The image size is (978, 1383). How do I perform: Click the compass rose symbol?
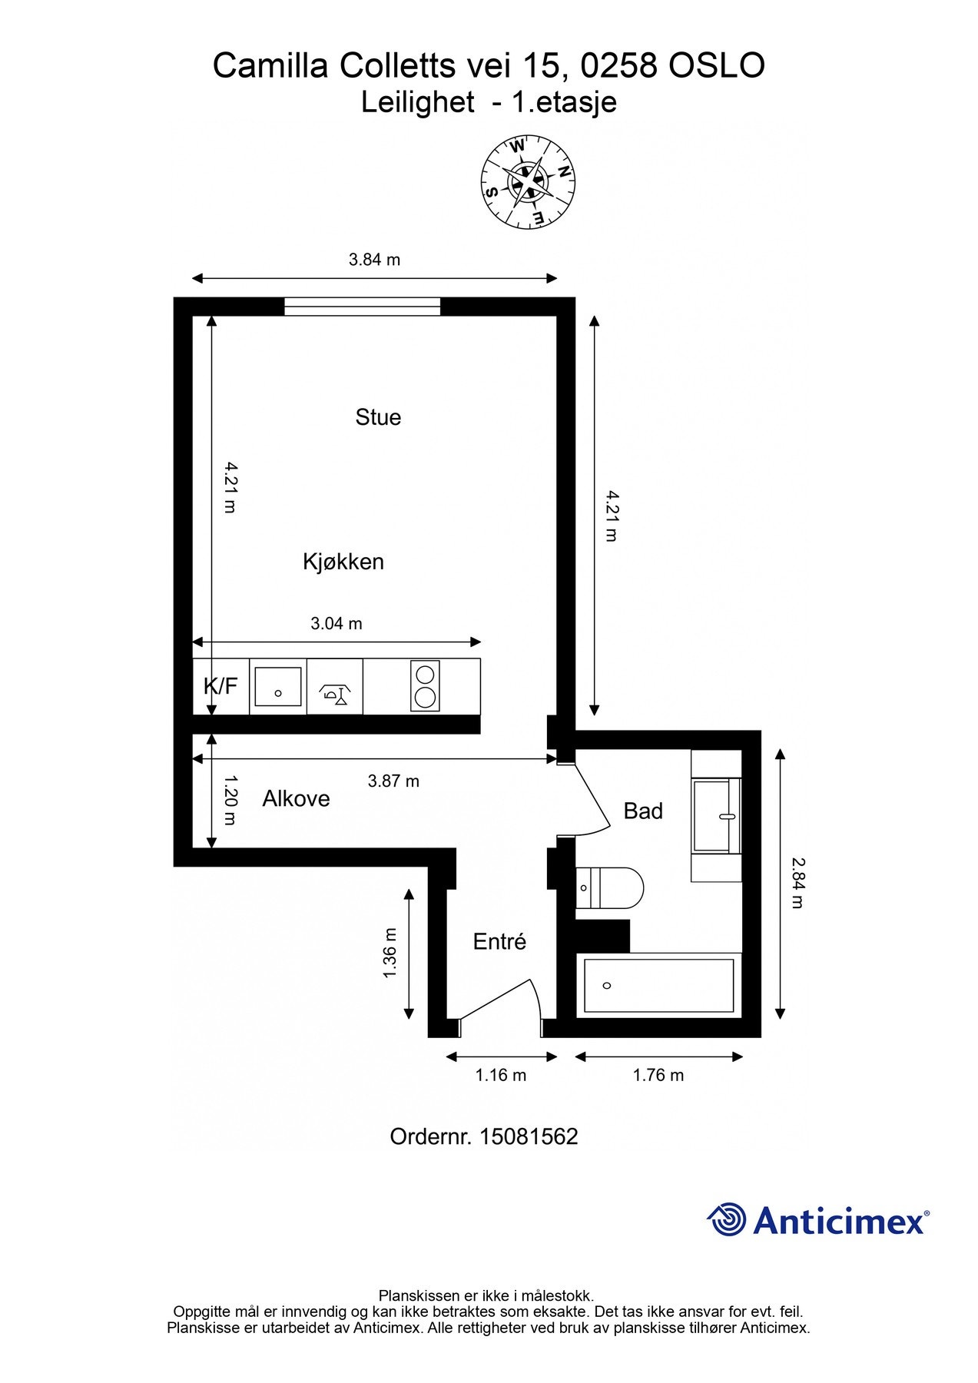tap(528, 182)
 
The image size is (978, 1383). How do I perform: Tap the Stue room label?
tap(378, 417)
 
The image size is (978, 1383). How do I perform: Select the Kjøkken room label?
tap(343, 562)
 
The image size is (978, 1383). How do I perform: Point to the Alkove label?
tap(296, 799)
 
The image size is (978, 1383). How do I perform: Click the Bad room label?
tap(643, 811)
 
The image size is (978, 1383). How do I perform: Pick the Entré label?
tap(499, 941)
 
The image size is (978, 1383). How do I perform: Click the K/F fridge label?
tap(220, 686)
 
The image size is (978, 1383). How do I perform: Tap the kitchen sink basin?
tap(278, 686)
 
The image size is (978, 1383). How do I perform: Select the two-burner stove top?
tap(425, 686)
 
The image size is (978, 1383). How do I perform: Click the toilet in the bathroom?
tap(609, 888)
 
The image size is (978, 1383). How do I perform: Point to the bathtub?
tap(658, 986)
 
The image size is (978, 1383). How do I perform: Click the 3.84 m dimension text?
tap(374, 260)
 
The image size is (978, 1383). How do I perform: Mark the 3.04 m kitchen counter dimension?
tap(336, 624)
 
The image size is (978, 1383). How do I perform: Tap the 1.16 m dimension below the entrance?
tap(501, 1075)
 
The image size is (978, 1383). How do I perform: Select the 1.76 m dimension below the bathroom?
tap(658, 1075)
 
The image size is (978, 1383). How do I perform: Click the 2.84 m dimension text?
tap(797, 884)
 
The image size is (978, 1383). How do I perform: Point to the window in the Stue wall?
tap(363, 307)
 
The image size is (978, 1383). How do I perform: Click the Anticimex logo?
tap(817, 1219)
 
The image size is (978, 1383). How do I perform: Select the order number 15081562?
tap(484, 1136)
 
